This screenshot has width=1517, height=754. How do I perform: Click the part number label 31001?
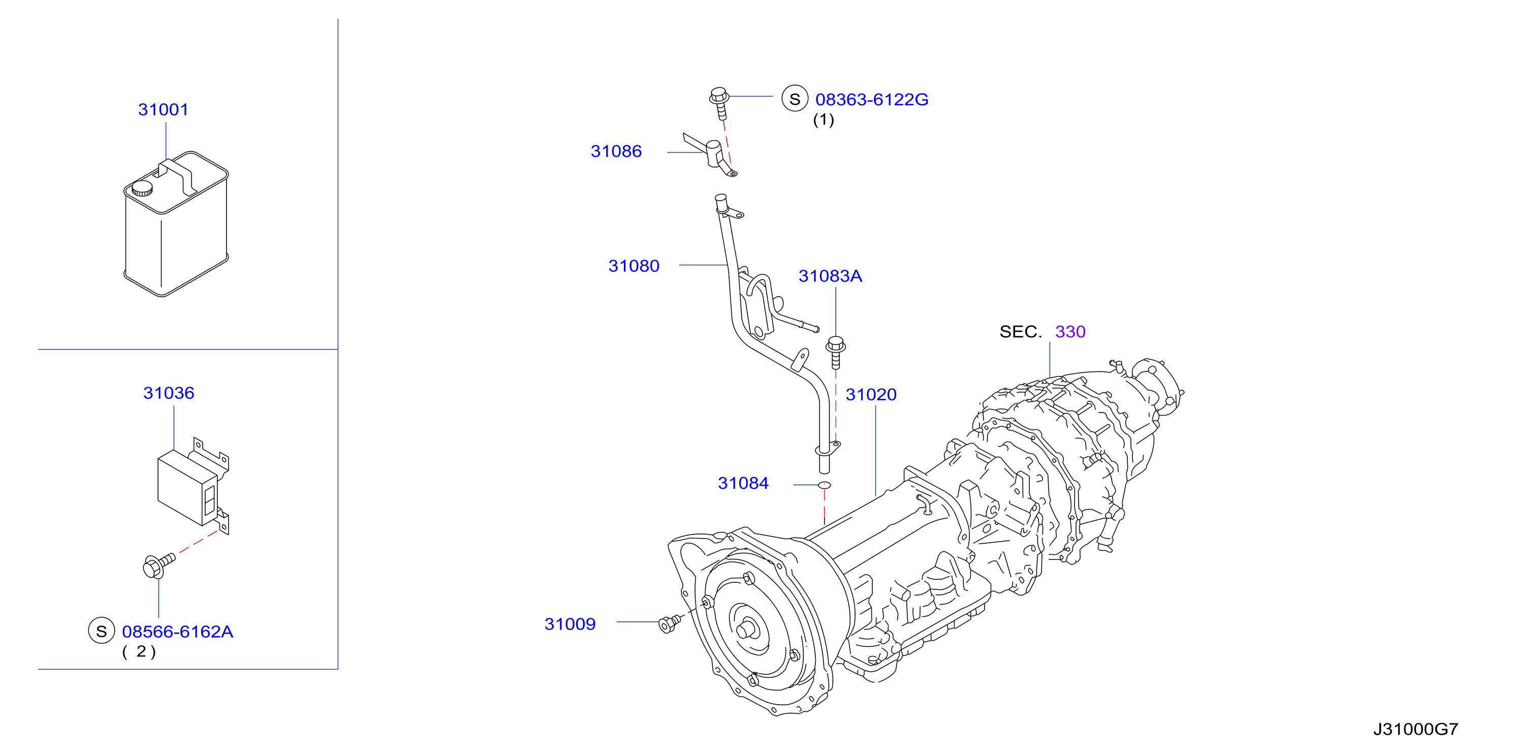163,110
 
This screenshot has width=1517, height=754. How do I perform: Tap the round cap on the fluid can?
142,188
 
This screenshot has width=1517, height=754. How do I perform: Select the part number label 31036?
169,393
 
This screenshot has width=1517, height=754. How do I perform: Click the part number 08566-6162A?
177,632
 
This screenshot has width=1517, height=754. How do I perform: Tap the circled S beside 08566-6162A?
101,631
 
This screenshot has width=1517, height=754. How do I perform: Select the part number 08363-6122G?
872,100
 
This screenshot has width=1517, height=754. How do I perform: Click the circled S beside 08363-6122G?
795,99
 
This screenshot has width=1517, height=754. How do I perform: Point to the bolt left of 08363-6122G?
719,103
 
